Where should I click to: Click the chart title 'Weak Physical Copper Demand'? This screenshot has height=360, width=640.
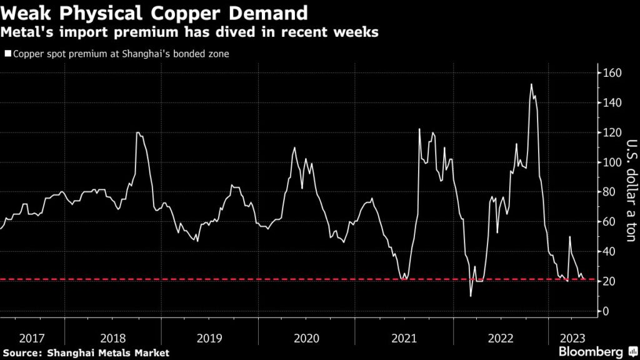coord(154,12)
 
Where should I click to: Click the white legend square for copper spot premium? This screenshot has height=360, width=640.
coord(7,54)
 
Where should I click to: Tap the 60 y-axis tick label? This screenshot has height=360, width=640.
coord(611,222)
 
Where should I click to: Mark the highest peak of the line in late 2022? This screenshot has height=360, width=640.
coord(531,84)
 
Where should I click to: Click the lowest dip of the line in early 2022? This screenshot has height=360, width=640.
coord(471,296)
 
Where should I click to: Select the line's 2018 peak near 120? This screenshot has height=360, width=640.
coord(137,133)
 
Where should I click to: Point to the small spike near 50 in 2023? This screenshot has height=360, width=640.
coord(569,237)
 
